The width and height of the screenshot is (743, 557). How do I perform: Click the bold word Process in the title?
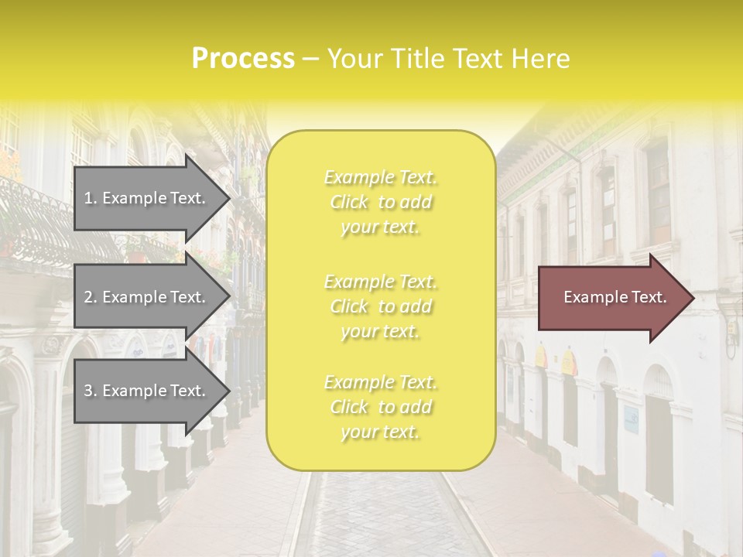[242, 58]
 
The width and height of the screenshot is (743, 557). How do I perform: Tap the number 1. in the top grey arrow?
[90, 198]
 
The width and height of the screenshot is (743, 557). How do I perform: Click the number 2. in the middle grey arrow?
[90, 297]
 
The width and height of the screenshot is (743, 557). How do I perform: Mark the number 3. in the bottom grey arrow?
[90, 391]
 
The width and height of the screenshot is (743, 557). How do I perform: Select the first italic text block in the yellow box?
[380, 202]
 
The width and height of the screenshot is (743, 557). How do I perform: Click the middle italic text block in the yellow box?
[380, 306]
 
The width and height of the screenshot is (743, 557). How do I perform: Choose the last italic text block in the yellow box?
[380, 407]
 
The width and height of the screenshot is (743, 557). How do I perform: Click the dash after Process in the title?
[311, 59]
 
